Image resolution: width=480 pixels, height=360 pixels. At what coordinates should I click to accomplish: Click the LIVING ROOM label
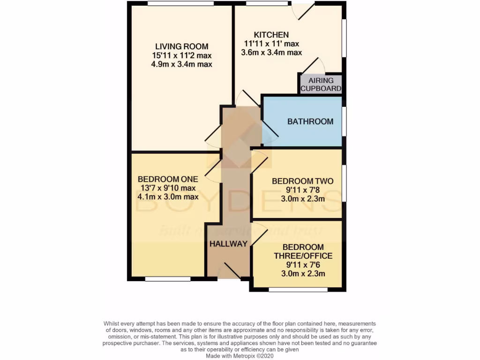(x=181, y=46)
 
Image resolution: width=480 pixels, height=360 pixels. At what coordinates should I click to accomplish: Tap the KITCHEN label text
(x=271, y=35)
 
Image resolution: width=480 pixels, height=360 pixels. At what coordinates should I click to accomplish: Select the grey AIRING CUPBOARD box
(x=321, y=84)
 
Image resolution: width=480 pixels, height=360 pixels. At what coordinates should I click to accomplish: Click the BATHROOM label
(x=310, y=121)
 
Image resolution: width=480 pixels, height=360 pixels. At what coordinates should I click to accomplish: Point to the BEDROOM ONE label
(x=168, y=179)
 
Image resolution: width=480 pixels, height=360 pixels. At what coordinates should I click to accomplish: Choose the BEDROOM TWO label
(x=302, y=181)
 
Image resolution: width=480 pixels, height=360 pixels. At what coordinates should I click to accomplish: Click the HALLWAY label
(x=228, y=244)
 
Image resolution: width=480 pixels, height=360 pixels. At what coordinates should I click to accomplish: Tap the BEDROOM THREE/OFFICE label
(x=303, y=252)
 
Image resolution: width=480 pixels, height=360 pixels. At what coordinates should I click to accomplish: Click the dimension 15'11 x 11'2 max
(x=181, y=55)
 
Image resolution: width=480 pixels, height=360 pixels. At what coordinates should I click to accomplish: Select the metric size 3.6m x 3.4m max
(x=271, y=52)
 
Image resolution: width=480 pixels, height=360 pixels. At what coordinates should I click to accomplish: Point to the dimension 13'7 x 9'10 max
(x=168, y=188)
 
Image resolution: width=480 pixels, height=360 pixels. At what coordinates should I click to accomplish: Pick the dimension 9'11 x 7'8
(x=302, y=190)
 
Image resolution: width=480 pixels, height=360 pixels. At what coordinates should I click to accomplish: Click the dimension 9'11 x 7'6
(x=303, y=265)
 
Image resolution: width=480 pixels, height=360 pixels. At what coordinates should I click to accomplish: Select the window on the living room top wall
(x=180, y=4)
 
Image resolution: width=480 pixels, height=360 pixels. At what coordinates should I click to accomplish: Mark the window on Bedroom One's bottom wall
(x=167, y=279)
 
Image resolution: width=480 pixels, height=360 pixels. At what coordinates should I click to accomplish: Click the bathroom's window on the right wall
(x=344, y=121)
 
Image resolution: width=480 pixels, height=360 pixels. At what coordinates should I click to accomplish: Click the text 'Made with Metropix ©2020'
(x=240, y=356)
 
